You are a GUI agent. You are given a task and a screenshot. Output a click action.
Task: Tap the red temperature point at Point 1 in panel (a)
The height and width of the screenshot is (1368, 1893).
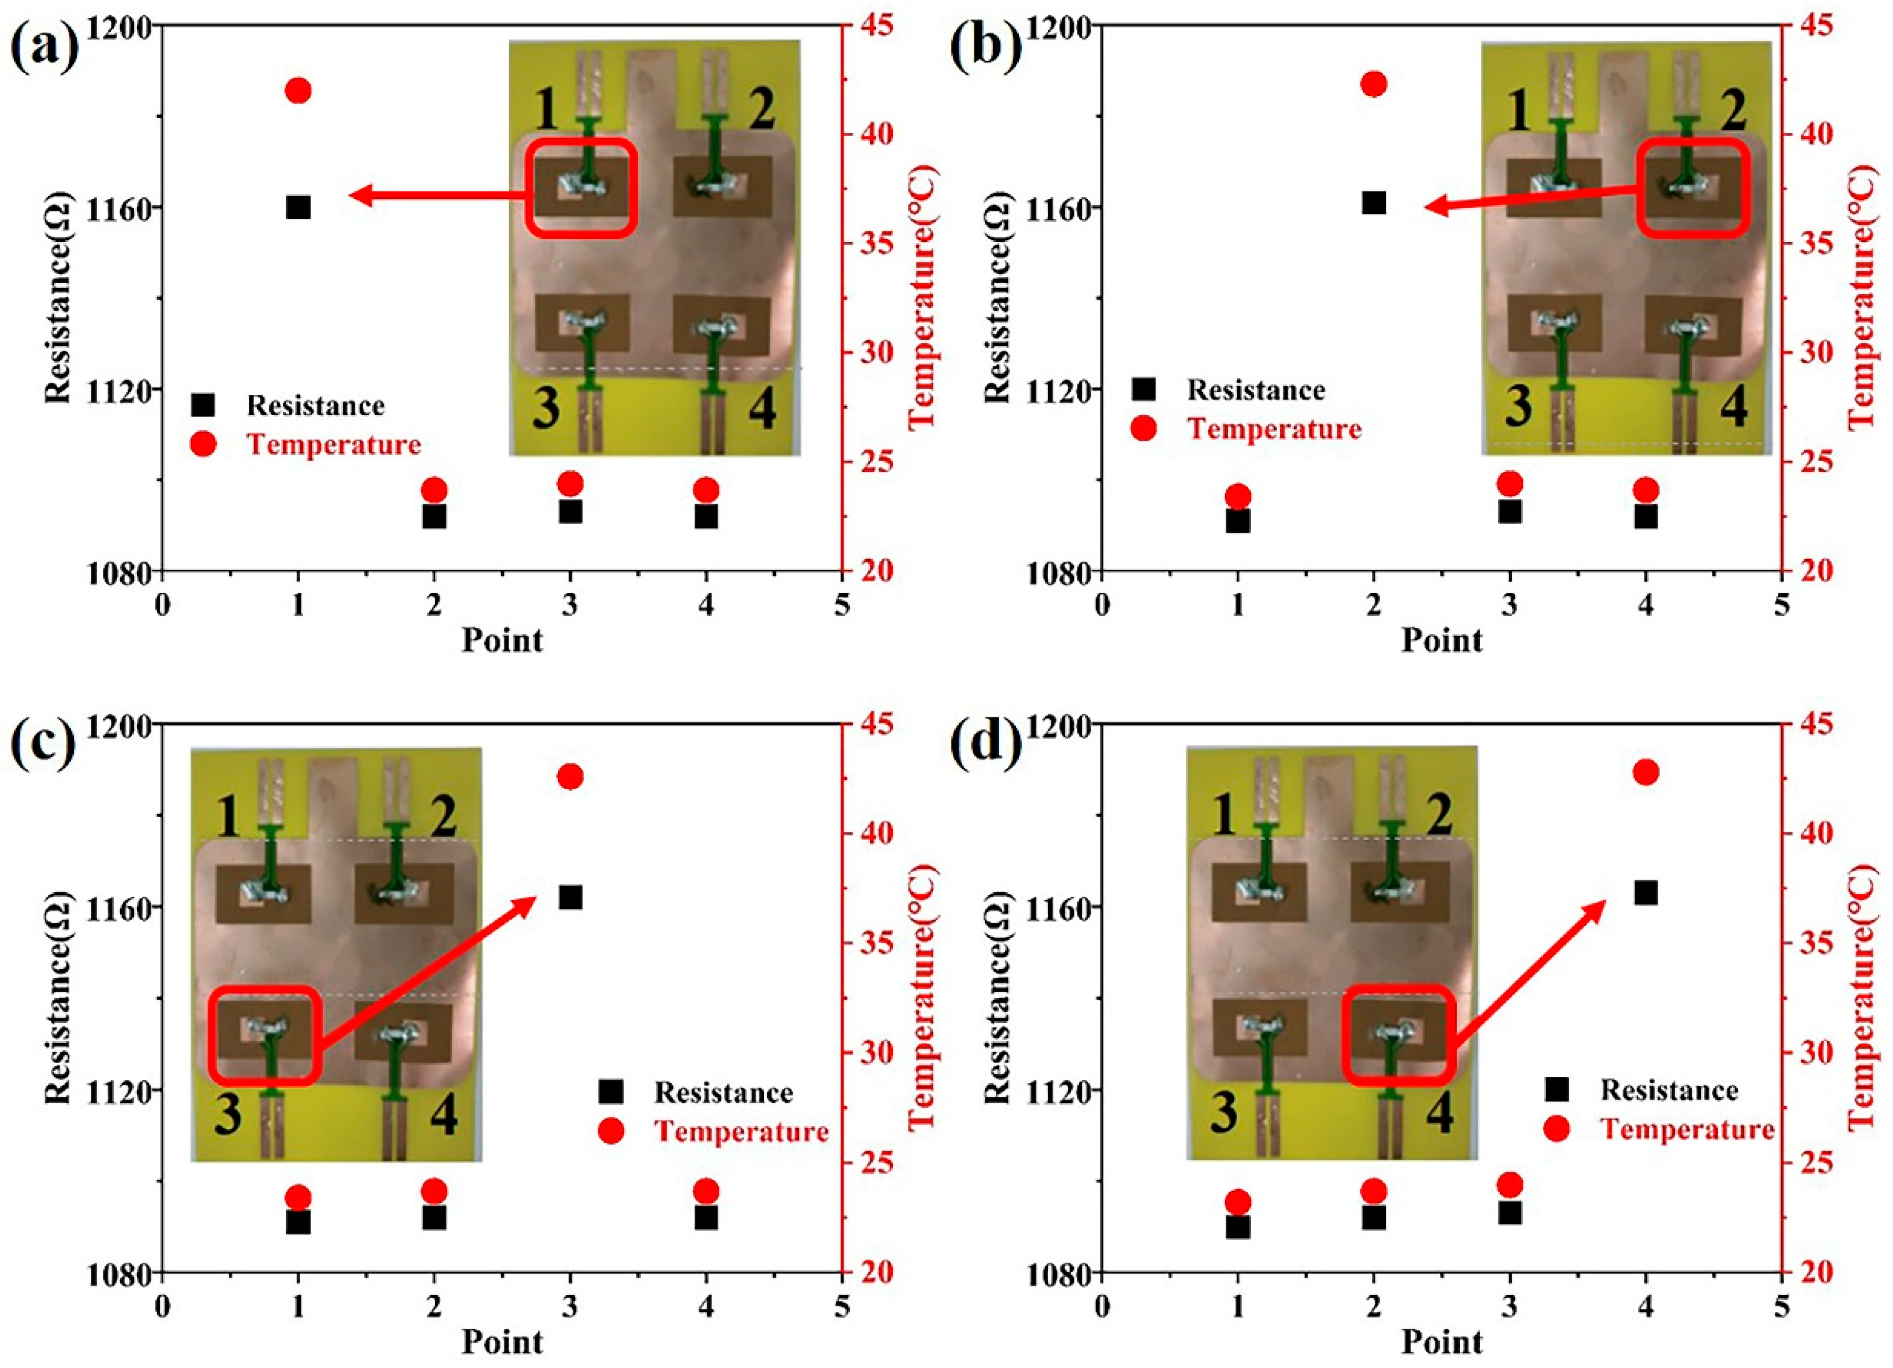click(298, 90)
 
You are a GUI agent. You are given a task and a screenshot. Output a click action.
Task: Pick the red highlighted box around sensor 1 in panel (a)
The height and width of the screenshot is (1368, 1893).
click(582, 187)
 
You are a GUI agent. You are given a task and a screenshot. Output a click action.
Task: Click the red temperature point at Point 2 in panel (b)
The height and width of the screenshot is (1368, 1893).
click(1373, 84)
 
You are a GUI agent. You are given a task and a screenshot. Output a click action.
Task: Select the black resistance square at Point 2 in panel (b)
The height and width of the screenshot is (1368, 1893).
click(1373, 203)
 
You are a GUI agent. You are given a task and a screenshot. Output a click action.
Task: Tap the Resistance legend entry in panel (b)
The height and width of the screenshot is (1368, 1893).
click(1256, 390)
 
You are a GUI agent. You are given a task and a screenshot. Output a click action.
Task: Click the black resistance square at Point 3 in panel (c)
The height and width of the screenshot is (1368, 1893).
click(570, 897)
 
